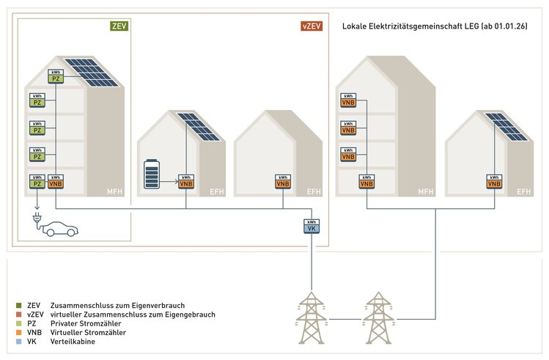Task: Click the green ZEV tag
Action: click(x=118, y=26)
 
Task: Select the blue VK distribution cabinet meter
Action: click(x=312, y=227)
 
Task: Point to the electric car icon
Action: click(x=58, y=229)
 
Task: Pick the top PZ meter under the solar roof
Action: click(x=56, y=76)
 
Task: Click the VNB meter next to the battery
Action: click(x=186, y=182)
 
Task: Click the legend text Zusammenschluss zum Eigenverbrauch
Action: click(x=118, y=304)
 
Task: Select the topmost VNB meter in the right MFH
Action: click(x=348, y=101)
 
